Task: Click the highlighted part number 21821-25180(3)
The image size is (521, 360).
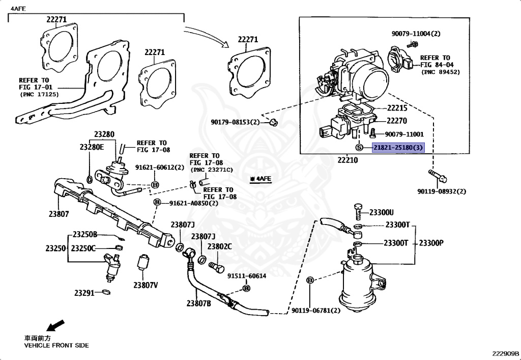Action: point(398,147)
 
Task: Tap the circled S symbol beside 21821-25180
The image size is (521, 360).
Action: point(359,147)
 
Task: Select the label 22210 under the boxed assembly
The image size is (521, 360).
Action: point(348,160)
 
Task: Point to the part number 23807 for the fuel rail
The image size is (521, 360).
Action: point(59,214)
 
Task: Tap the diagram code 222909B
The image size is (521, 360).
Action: point(505,353)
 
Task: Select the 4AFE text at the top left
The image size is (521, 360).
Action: point(18,9)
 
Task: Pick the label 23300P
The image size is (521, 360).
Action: point(431,243)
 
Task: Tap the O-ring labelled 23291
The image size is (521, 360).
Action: point(106,292)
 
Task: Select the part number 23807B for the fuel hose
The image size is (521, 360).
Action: point(198,303)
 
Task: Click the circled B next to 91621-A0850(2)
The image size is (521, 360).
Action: point(157,203)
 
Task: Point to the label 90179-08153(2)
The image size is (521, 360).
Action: point(235,122)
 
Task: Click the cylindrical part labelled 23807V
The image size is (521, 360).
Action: point(143,262)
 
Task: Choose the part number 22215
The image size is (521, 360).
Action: point(397,108)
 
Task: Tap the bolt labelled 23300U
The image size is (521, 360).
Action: point(357,212)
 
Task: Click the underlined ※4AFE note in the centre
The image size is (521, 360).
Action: point(261,179)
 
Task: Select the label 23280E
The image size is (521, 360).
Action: point(92,147)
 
